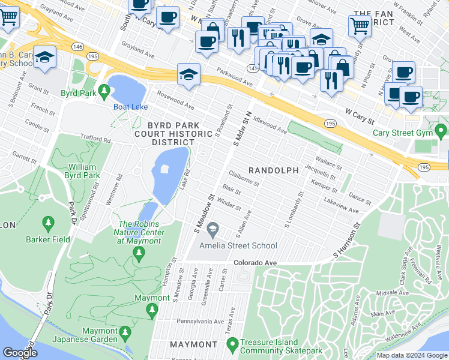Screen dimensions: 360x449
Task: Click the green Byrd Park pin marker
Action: [104, 92]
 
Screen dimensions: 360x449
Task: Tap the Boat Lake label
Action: [131, 107]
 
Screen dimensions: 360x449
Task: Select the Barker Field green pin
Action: [49, 224]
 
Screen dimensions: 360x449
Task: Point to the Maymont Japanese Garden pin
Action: [125, 332]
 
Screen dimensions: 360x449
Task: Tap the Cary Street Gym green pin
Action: [441, 130]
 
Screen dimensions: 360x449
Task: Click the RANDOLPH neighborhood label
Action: [274, 171]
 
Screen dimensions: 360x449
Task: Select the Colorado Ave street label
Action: [255, 263]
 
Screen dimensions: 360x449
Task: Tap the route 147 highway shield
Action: [251, 69]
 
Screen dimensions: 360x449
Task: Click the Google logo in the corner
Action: [20, 353]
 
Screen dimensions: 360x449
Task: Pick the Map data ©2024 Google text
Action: [411, 355]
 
